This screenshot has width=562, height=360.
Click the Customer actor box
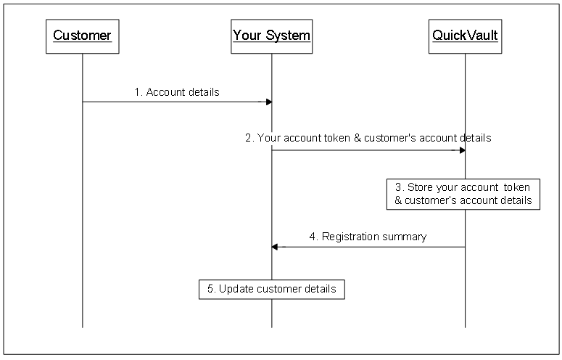coord(82,36)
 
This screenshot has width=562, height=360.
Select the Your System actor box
coord(272,36)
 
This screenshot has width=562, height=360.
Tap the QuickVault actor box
coord(465,36)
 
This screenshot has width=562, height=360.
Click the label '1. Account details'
coord(177,92)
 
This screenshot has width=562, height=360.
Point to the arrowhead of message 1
coord(268,102)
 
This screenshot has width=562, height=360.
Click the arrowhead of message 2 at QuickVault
coord(461,150)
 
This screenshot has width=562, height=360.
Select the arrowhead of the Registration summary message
coord(275,247)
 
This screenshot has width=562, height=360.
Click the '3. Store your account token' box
coord(463,194)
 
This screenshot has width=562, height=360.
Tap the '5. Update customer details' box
coord(272,289)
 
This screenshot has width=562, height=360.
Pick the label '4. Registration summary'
coord(368,236)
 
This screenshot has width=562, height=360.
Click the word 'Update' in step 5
coord(235,289)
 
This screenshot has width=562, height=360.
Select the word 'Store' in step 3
coord(422,187)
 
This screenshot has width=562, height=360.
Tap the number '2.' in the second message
coord(249,138)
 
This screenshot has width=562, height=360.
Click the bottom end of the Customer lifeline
coord(82,326)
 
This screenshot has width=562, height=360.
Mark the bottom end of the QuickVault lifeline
coord(465,326)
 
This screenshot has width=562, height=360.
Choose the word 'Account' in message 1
coord(165,92)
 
